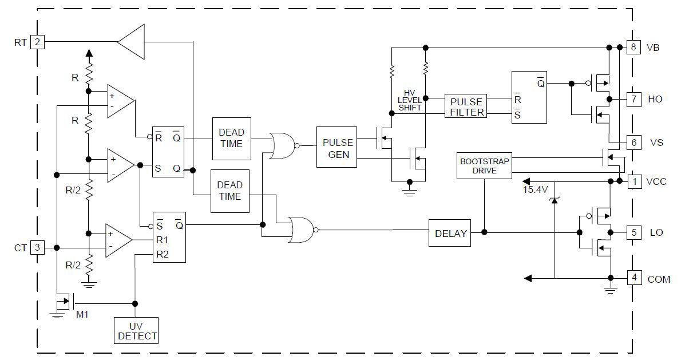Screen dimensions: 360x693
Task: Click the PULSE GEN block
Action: click(338, 148)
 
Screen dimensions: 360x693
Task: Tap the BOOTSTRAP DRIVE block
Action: click(484, 166)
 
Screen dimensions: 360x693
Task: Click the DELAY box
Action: click(450, 234)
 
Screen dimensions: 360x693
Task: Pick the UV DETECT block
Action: click(136, 330)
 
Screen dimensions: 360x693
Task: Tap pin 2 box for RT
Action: click(37, 42)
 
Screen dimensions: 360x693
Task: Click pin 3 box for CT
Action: click(37, 247)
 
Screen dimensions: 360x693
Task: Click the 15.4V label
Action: click(535, 189)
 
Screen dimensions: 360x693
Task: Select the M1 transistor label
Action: click(83, 314)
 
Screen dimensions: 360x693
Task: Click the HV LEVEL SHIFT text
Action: click(410, 100)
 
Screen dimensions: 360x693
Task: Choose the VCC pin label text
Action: click(656, 182)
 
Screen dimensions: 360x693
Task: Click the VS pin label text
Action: click(656, 142)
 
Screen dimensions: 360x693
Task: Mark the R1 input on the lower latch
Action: click(163, 239)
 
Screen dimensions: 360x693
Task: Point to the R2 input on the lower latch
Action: click(163, 253)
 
